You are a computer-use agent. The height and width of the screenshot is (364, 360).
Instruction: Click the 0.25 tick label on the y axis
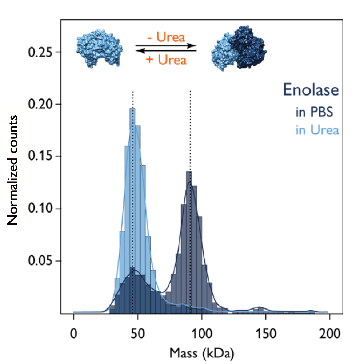40,52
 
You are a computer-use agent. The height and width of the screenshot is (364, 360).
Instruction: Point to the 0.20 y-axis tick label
40,104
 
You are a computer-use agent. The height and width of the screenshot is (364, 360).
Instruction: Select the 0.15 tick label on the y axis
40,157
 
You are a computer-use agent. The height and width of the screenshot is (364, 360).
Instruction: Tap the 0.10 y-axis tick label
40,209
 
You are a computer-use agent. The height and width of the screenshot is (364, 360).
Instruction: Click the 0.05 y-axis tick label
40,261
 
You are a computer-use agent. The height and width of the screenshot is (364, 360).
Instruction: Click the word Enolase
311,90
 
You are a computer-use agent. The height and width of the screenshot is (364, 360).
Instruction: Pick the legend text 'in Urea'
317,130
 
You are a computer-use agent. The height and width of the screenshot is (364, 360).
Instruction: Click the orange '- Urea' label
166,37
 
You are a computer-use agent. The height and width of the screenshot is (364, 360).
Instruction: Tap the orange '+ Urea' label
166,60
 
